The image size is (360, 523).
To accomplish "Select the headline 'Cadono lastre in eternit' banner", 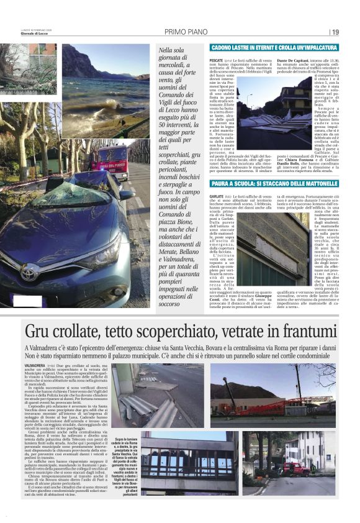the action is (261, 47).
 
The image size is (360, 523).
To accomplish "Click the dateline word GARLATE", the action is (217, 196).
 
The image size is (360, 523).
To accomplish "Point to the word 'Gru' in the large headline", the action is (41, 333).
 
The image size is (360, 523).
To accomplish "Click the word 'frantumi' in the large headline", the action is (297, 333).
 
